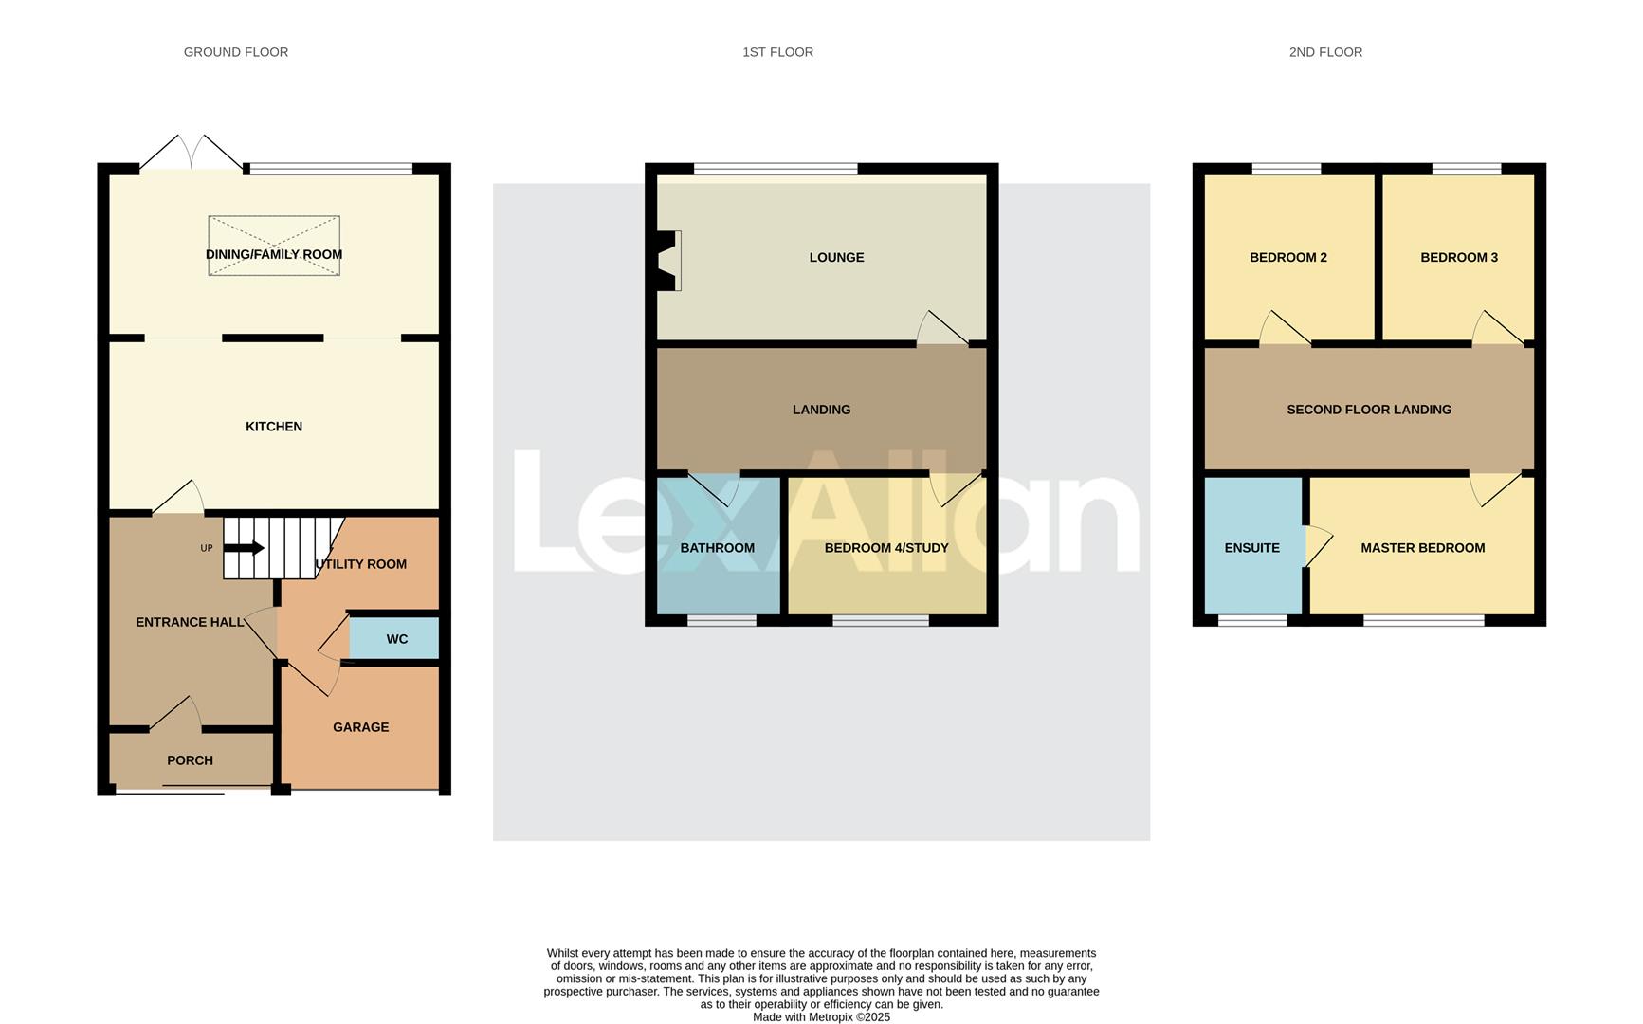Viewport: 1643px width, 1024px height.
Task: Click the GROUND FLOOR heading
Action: click(236, 52)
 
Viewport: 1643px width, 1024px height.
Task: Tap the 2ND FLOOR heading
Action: click(1325, 52)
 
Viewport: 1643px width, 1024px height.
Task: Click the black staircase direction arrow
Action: click(245, 548)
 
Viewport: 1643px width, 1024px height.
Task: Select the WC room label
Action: click(397, 639)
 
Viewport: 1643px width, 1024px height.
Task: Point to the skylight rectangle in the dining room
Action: click(274, 246)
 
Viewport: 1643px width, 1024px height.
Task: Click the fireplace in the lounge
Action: click(669, 261)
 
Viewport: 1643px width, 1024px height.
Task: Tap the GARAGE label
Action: click(360, 727)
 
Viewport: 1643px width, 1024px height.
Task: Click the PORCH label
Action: click(190, 760)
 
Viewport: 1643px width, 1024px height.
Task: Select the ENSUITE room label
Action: click(1251, 548)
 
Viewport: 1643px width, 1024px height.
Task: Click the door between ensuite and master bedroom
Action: click(1318, 546)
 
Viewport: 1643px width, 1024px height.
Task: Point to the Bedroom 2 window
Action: click(1287, 169)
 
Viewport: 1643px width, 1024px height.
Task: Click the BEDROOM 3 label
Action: click(1459, 257)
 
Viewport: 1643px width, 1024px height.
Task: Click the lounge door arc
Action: click(940, 328)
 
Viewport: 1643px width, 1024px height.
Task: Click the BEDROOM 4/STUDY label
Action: click(886, 548)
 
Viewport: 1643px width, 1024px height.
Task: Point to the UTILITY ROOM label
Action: click(360, 564)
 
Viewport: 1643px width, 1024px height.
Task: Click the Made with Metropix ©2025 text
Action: click(821, 1016)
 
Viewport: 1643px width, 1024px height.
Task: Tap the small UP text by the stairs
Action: click(207, 548)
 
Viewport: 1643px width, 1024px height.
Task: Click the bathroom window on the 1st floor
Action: click(721, 620)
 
